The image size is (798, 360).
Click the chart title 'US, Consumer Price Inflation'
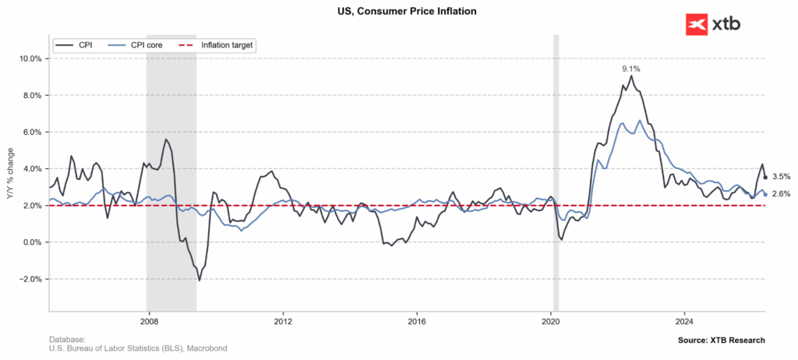(x=400, y=11)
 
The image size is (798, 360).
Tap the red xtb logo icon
(x=697, y=24)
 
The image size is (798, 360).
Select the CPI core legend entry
(x=136, y=45)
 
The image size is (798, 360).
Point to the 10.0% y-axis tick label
(x=30, y=58)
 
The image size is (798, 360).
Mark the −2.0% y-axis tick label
(x=30, y=279)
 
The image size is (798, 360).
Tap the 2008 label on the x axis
(x=148, y=321)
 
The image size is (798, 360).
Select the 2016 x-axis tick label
(x=417, y=321)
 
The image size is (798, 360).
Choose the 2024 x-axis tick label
(x=684, y=321)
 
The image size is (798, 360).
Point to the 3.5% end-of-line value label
(x=781, y=177)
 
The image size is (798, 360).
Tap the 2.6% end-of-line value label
(x=781, y=194)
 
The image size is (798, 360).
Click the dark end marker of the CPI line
(x=765, y=178)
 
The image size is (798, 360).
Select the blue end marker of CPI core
(x=765, y=195)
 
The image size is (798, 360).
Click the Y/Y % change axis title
(x=11, y=177)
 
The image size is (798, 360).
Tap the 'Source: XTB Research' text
(x=721, y=341)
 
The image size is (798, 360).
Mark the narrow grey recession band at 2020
(x=556, y=173)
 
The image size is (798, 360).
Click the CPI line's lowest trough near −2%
(x=199, y=280)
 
